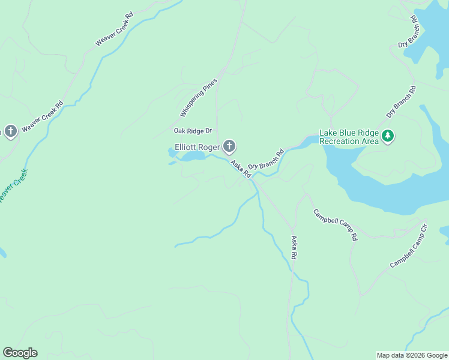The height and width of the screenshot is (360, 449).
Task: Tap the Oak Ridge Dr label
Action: click(193, 131)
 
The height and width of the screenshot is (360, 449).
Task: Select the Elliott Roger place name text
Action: click(196, 146)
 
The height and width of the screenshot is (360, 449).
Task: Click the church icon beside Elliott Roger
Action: click(229, 146)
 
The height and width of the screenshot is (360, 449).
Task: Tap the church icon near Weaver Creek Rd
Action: click(10, 131)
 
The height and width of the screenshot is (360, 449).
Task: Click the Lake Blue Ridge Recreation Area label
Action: click(349, 137)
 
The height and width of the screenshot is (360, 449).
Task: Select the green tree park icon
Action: click(388, 136)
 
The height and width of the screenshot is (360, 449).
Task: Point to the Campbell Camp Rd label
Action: click(335, 225)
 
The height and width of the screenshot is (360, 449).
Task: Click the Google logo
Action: click(20, 353)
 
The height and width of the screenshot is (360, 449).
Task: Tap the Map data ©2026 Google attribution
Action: click(412, 355)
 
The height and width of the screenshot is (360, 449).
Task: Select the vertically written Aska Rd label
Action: click(294, 247)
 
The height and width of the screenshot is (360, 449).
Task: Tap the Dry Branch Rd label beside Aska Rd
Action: click(265, 160)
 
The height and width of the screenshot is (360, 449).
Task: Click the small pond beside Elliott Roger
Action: click(192, 156)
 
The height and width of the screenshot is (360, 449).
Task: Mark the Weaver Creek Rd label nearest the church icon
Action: click(42, 116)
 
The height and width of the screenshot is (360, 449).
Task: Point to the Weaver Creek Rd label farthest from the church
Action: click(114, 30)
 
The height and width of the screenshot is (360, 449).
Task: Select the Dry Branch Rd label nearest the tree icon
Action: click(401, 101)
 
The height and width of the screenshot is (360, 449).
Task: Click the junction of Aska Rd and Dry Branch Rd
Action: click(253, 178)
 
